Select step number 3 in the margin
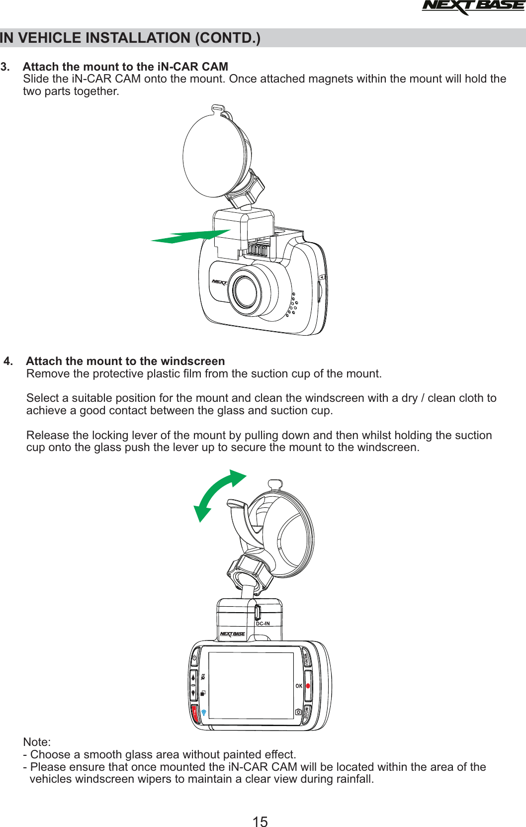tap(5, 67)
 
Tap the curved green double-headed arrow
tap(219, 494)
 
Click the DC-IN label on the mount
tap(263, 624)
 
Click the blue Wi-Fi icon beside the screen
tap(204, 712)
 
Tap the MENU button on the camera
tap(306, 659)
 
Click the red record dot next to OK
tap(308, 686)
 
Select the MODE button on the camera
tap(307, 713)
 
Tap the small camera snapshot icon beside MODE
tap(298, 712)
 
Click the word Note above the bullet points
tap(37, 742)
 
